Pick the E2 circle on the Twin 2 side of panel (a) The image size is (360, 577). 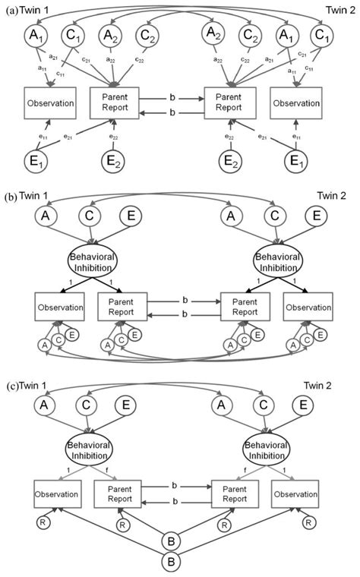pos(229,161)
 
